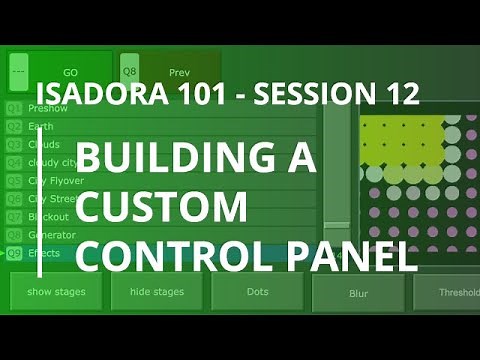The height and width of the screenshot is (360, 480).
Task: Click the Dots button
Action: click(x=257, y=292)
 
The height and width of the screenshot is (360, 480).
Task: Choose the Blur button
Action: click(x=358, y=294)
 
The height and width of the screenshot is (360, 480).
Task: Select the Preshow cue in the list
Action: click(x=50, y=108)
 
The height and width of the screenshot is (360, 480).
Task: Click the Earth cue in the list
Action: click(x=44, y=126)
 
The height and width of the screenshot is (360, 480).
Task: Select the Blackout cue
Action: click(x=50, y=216)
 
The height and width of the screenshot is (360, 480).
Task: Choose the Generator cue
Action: click(x=53, y=234)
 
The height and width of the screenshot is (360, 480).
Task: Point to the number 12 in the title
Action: click(x=395, y=95)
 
